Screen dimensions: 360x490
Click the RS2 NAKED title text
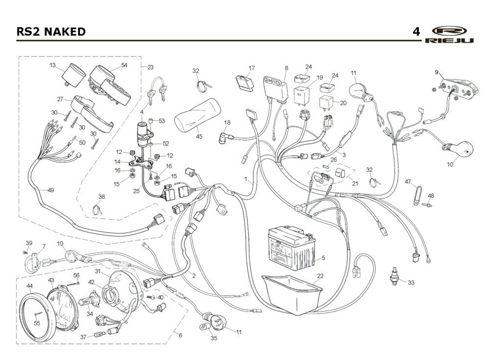click(51, 32)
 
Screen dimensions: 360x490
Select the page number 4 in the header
click(416, 32)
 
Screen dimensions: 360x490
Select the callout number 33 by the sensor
click(411, 283)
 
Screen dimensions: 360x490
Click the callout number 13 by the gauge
click(52, 65)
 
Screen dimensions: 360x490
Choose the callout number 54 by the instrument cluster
click(124, 65)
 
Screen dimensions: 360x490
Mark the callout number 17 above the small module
click(252, 68)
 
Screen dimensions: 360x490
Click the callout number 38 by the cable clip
click(102, 196)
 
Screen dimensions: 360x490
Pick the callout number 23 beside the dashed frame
click(150, 67)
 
